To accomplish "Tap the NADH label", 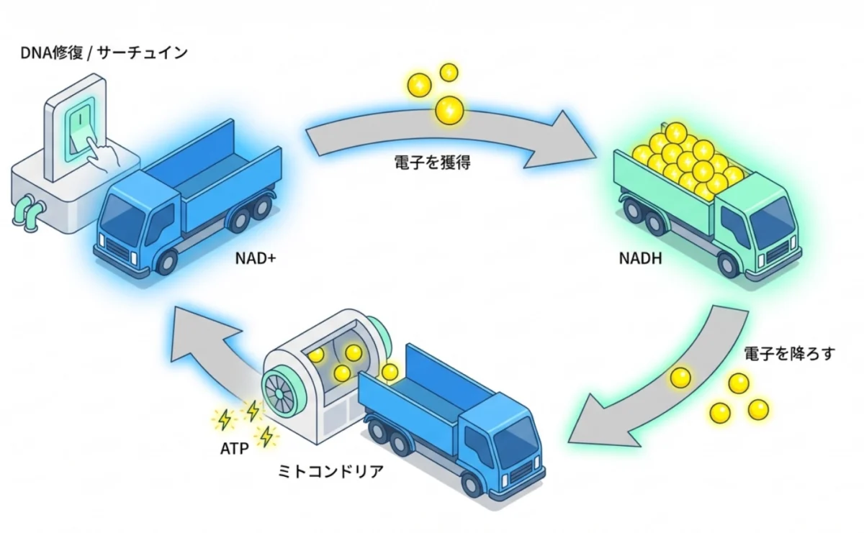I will (640, 257).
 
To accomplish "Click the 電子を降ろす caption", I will (790, 354).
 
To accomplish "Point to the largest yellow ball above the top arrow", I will (450, 109).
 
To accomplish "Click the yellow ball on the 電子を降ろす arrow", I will (680, 377).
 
